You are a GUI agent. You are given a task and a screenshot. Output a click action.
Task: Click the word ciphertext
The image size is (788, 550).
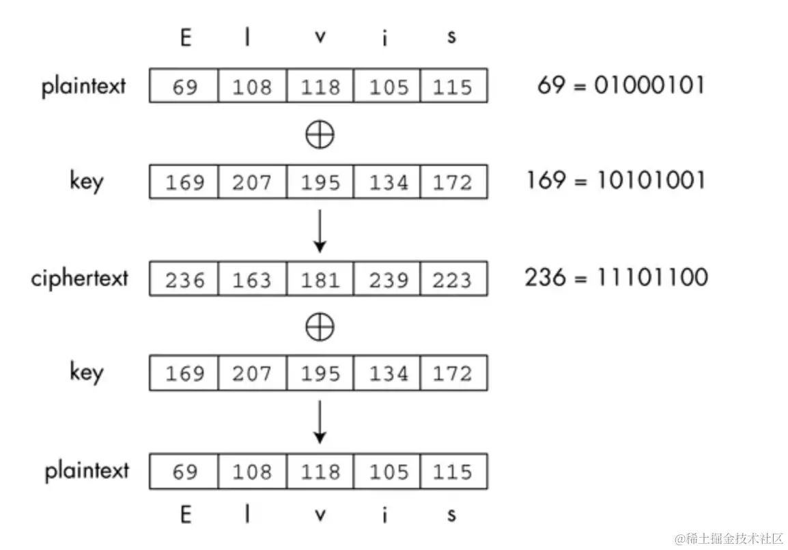(79, 278)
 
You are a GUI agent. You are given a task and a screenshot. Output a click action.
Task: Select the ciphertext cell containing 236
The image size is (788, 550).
(184, 279)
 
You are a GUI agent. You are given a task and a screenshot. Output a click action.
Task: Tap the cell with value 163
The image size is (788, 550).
(252, 279)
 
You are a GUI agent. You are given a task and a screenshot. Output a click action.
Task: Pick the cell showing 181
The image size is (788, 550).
(320, 279)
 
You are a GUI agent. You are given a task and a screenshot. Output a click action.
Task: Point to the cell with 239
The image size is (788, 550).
(386, 279)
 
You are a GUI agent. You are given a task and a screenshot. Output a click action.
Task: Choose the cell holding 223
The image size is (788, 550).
(453, 279)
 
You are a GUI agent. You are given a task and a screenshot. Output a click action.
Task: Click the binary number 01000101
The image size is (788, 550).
(649, 85)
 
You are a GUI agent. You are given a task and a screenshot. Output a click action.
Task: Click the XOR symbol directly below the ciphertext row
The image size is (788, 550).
(320, 328)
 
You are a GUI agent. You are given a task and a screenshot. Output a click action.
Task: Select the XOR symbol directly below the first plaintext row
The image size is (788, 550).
(320, 134)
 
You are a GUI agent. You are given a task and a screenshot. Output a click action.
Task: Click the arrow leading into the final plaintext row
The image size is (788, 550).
(320, 423)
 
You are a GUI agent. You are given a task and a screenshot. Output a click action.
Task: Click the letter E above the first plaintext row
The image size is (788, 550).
(185, 38)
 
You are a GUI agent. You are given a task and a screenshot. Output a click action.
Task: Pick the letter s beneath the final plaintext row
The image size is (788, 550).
(451, 515)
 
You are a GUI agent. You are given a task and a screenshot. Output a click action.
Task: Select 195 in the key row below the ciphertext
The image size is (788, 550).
(320, 373)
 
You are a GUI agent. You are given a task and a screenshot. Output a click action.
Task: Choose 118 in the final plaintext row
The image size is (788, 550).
(320, 472)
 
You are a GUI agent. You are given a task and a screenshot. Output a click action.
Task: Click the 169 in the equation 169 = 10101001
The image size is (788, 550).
(546, 180)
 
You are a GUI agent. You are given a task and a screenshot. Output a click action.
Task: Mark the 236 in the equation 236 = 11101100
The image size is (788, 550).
(546, 278)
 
